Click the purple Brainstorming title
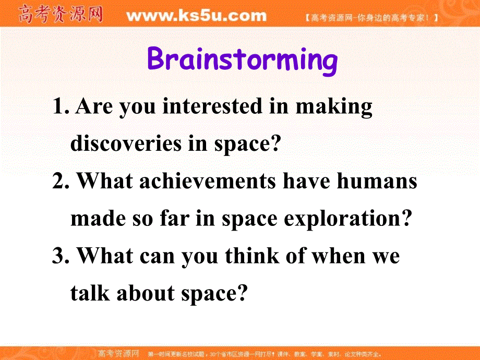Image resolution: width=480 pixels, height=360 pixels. click(x=242, y=61)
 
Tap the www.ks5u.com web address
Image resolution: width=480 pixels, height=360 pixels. click(x=197, y=15)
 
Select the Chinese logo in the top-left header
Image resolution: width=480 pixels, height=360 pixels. click(x=61, y=14)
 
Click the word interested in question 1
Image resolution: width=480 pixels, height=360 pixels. click(x=212, y=106)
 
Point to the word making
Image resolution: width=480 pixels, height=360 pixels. click(x=334, y=107)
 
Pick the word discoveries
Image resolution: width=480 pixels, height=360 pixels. click(x=126, y=143)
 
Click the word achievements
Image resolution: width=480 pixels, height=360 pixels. click(x=208, y=181)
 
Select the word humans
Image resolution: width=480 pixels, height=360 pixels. click(x=377, y=181)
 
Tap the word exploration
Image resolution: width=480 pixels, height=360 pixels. click(x=342, y=220)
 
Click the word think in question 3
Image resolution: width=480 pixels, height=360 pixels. click(x=252, y=256)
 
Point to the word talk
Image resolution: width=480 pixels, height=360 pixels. click(x=90, y=293)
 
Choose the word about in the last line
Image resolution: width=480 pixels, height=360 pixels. click(x=146, y=293)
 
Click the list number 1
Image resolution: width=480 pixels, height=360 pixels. click(x=61, y=106)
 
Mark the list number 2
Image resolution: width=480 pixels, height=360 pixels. click(x=61, y=181)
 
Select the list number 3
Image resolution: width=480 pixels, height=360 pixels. click(x=61, y=256)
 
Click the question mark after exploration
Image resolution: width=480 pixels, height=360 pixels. click(x=407, y=218)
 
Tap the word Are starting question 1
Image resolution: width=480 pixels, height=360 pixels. click(x=94, y=106)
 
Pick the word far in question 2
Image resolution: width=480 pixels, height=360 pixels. click(x=174, y=218)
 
